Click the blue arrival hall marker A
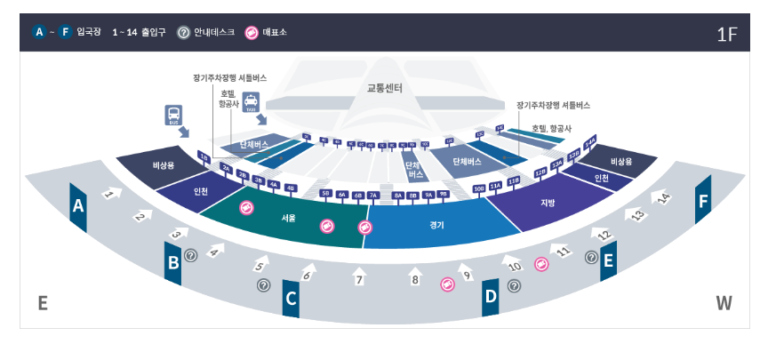pos(78,206)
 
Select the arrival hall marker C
pos(291,300)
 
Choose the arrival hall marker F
pos(703,202)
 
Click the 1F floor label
pos(726,35)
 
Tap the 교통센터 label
pos(385,88)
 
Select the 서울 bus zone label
pos(289,217)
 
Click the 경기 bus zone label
pos(436,225)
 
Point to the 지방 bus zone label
pos(547,203)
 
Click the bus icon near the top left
pos(173,116)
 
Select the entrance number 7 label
pos(359,280)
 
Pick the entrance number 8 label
pos(414,279)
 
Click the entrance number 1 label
pos(109,192)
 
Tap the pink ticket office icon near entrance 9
pos(448,284)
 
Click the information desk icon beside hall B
pos(190,255)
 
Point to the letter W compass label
pos(724,303)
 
